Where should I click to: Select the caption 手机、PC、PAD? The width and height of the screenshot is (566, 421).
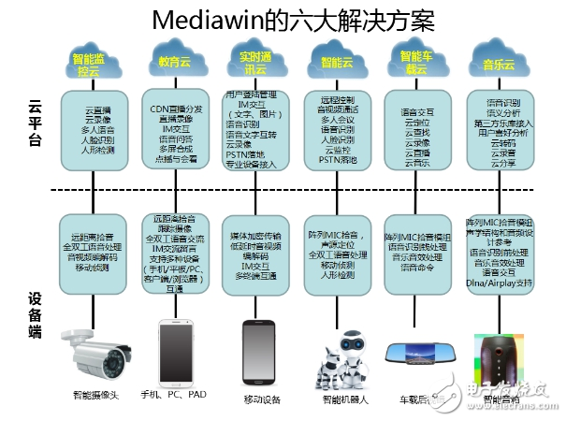173,394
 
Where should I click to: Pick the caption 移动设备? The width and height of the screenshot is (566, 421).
262,399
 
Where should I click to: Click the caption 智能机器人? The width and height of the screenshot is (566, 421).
342,399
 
